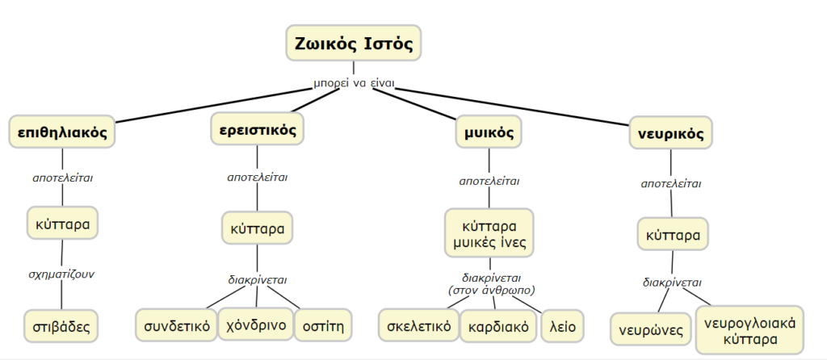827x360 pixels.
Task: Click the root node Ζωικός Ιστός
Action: pos(354,43)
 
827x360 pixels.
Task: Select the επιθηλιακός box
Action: pos(62,132)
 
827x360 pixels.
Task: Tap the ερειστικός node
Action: pos(258,128)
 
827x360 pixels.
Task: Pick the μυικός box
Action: pos(489,132)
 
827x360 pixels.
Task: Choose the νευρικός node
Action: pos(671,133)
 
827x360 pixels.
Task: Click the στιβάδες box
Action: pos(61,326)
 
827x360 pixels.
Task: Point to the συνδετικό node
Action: pos(176,325)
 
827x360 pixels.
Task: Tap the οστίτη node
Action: pos(323,325)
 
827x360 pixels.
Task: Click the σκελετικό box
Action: pos(419,326)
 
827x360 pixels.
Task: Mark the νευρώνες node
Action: pos(650,330)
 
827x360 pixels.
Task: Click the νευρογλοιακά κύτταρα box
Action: pos(749,330)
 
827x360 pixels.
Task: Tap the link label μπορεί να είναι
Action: pos(354,84)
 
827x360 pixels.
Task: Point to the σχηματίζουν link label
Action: pos(61,275)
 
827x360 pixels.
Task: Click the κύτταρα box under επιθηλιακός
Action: pos(62,224)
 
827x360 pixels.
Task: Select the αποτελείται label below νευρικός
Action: pos(671,184)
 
